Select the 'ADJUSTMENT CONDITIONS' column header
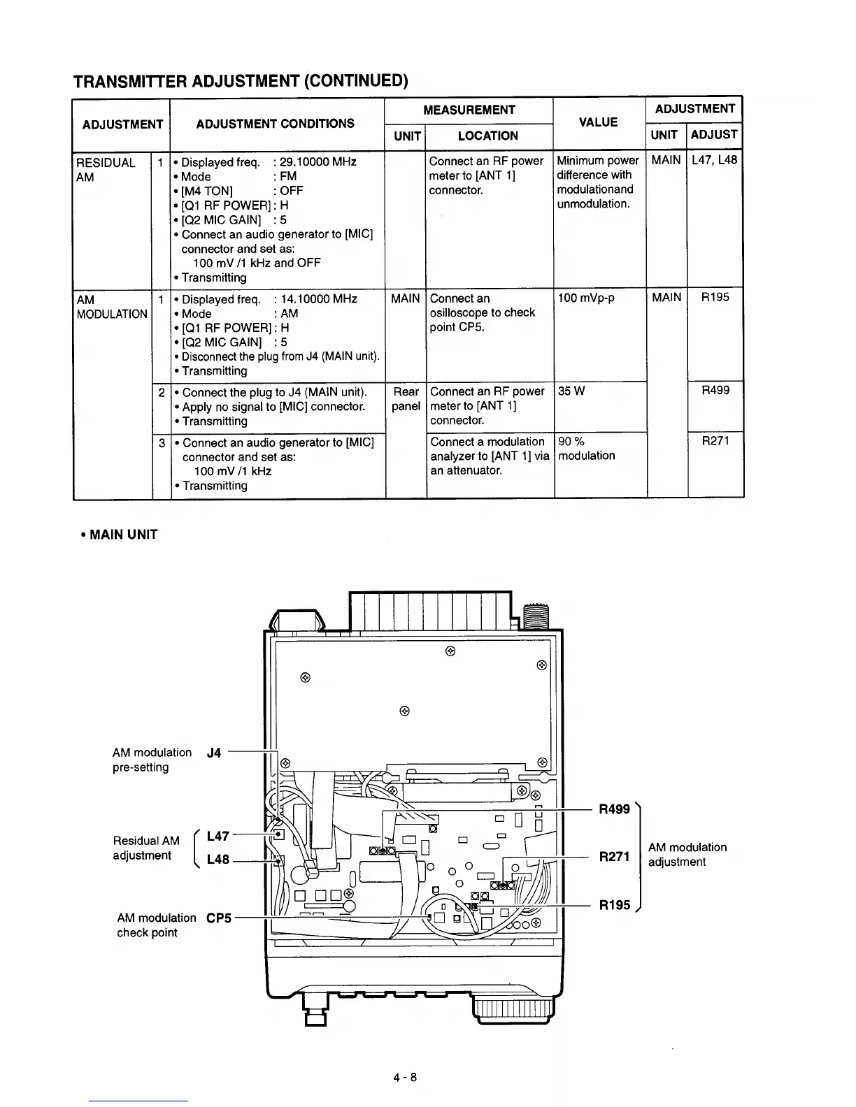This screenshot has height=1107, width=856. point(275,124)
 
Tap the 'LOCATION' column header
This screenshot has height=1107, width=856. point(487,136)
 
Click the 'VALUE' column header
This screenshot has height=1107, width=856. point(598,122)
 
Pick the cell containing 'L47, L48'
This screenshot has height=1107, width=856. point(714,160)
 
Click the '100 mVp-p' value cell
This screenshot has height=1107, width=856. point(586,298)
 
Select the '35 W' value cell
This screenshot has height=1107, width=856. point(570,391)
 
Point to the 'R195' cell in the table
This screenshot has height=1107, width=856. point(715,298)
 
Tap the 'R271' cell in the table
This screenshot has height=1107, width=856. point(715,441)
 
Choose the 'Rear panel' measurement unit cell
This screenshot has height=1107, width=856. point(406,399)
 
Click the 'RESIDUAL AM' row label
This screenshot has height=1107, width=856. point(106,170)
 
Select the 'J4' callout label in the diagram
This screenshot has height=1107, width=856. point(214,753)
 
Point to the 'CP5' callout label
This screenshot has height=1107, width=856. point(218,918)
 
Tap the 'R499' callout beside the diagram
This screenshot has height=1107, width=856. point(614,809)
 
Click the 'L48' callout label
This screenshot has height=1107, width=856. point(218,860)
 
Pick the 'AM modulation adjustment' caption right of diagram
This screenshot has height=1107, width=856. point(687,854)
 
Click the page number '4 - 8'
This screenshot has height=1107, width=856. point(404,1077)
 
